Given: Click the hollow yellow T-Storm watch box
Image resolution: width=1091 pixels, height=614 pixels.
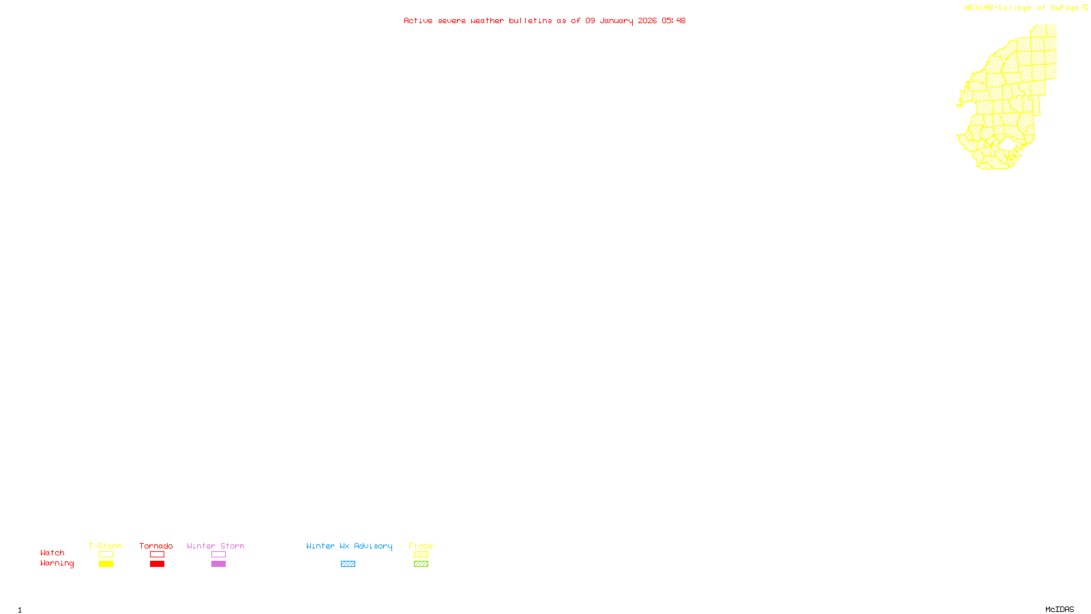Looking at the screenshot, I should click(106, 555).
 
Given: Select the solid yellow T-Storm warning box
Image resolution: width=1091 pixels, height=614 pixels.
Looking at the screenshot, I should click(106, 564).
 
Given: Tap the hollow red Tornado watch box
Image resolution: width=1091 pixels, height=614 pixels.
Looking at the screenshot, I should click(157, 555).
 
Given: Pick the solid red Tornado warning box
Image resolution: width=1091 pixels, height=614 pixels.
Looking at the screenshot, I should click(157, 564).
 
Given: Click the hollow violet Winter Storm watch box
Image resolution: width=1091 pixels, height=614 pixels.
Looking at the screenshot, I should click(218, 555).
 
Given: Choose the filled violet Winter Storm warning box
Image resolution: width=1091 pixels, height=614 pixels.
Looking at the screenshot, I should click(218, 564).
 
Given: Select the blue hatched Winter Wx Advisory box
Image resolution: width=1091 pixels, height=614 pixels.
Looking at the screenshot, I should click(348, 564).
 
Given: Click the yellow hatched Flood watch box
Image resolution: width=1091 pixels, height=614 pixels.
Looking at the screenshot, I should click(421, 555).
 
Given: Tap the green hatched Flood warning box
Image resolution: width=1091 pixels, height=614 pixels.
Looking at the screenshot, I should click(421, 564).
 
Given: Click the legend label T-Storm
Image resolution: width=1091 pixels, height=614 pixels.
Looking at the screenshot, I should click(105, 546).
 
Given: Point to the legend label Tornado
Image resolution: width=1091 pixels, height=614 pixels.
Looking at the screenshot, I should click(156, 546).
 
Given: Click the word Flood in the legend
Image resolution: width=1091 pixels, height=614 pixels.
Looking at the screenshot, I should click(421, 546).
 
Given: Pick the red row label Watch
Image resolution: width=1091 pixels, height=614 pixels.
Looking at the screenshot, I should click(53, 553).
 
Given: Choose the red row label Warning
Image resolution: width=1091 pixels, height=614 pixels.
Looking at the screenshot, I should click(57, 564).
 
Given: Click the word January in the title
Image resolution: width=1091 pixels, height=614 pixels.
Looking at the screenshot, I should click(616, 20).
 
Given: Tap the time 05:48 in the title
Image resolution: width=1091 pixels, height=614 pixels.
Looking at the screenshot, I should click(674, 20).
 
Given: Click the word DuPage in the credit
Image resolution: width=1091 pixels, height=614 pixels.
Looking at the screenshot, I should click(1065, 8).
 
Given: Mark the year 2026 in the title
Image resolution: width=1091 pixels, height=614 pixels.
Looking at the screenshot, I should click(648, 20).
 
